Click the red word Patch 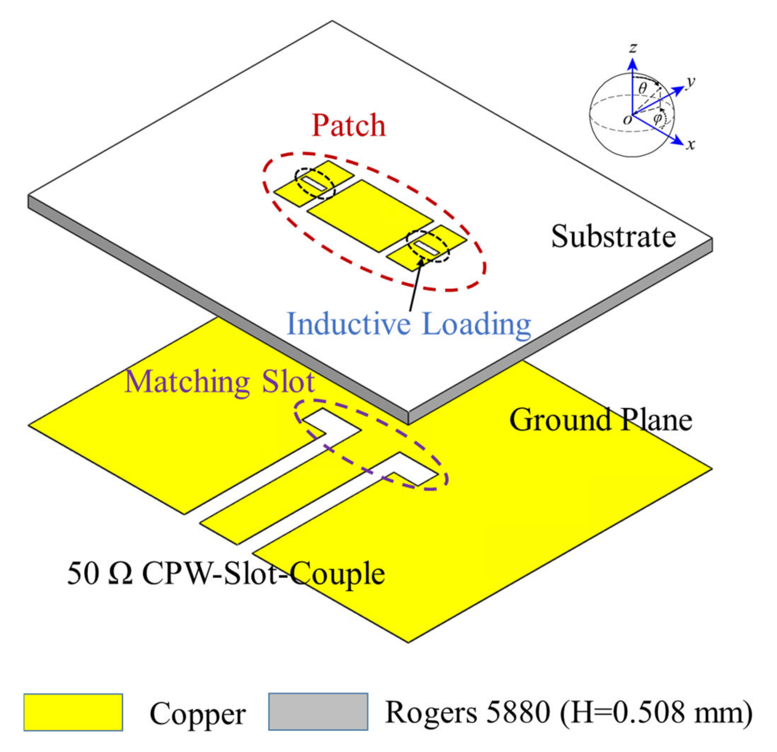tap(349, 126)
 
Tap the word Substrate tap(613, 237)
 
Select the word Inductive tap(349, 324)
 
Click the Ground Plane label tap(600, 420)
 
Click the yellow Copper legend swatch tap(73, 712)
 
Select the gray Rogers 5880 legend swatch tap(318, 712)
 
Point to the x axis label tap(691, 145)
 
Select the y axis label tap(690, 82)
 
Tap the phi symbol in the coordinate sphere tap(657, 118)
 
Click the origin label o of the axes tap(627, 119)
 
